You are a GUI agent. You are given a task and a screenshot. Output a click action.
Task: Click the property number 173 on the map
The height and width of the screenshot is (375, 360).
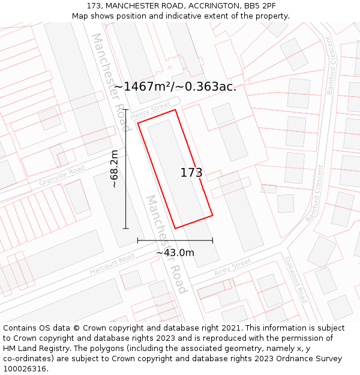pos(191,173)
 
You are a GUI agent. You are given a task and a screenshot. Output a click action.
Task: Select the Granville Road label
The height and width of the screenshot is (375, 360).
pos(62,176)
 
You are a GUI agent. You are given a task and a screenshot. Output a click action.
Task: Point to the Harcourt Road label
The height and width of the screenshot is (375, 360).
pos(112,265)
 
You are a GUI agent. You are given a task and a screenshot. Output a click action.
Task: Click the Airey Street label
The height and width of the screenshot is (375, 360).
pos(233,268)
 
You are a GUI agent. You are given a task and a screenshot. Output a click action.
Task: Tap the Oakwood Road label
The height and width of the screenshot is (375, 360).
pos(296,280)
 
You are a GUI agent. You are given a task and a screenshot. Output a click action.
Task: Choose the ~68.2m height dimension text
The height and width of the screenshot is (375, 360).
pos(115,169)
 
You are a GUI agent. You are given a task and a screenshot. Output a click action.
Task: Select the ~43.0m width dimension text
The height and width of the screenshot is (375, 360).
pos(175,253)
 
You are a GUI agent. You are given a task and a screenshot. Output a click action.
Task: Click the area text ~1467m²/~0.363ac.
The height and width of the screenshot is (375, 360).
pos(175,86)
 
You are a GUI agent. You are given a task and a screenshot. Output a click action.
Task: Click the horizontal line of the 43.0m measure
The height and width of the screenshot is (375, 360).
pos(175,241)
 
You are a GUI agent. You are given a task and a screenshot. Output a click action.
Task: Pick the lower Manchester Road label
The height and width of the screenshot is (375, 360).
pos(167,244)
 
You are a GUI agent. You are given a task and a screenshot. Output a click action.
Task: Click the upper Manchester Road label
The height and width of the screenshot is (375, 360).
pos(110,82)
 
